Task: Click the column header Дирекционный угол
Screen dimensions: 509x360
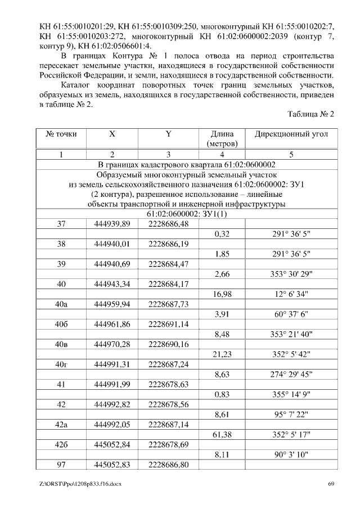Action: coord(291,134)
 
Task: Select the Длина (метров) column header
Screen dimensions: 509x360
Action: coord(222,139)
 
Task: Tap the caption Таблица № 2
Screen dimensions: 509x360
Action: coord(310,114)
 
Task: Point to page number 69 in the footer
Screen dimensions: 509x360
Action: coord(331,484)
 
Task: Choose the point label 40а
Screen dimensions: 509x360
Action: coord(61,304)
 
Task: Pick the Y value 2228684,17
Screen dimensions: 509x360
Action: coord(168,284)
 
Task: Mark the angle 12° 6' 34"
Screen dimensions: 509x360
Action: coord(291,294)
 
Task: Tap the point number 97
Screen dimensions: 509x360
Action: coord(61,465)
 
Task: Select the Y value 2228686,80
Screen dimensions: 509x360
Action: coord(168,465)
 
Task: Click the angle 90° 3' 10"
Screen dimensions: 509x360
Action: coord(291,455)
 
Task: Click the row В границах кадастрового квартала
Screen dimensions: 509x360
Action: coord(186,164)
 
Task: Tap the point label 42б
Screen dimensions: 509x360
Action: coord(61,445)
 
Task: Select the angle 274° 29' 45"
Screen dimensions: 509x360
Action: coord(291,375)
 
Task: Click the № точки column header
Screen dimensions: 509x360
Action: coord(61,134)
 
